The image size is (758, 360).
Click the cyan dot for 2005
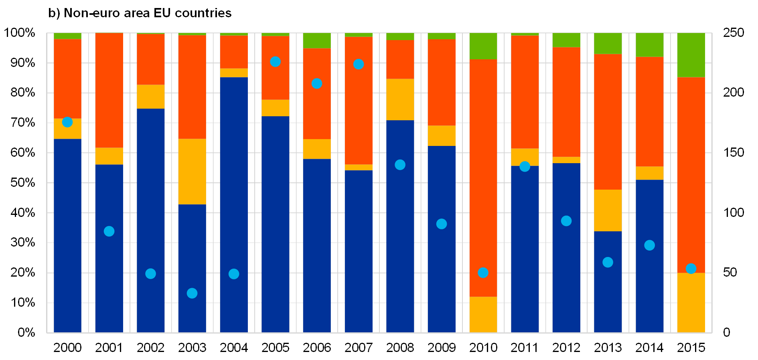275,62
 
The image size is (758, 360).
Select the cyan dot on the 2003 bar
192,293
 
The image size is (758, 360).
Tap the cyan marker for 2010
483,273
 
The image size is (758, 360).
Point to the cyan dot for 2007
359,65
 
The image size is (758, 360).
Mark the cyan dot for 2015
691,269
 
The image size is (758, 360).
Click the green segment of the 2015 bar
691,55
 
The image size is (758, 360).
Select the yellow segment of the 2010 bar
483,315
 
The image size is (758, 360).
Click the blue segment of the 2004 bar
234,204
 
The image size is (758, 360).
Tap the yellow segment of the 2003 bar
192,172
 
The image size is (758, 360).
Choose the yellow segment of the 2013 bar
608,210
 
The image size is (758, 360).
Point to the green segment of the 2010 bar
483,46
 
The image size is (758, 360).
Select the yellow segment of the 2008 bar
400,99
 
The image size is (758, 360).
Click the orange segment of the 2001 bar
109,90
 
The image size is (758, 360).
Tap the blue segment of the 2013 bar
608,282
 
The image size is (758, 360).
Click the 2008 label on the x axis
400,348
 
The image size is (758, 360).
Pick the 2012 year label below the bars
566,348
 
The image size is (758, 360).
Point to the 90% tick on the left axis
22,63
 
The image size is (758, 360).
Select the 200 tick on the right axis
734,93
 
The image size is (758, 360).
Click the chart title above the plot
140,14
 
